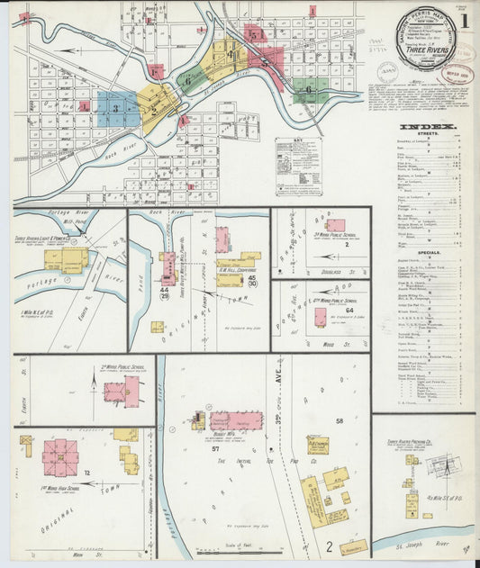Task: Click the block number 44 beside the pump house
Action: [164, 290]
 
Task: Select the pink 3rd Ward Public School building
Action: [335, 225]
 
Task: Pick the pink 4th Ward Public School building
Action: [320, 317]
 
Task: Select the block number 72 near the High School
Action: [87, 472]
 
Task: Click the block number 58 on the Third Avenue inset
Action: [340, 421]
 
